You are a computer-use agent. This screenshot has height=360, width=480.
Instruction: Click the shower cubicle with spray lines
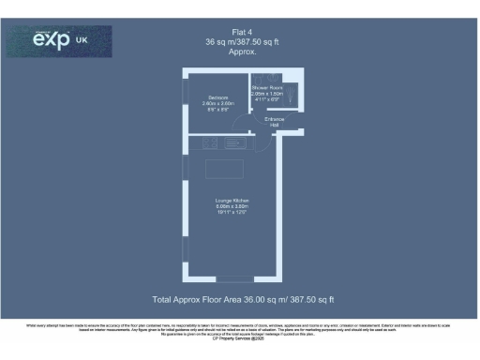(x=292, y=95)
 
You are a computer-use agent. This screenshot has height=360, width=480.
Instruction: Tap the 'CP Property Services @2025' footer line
(x=240, y=337)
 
